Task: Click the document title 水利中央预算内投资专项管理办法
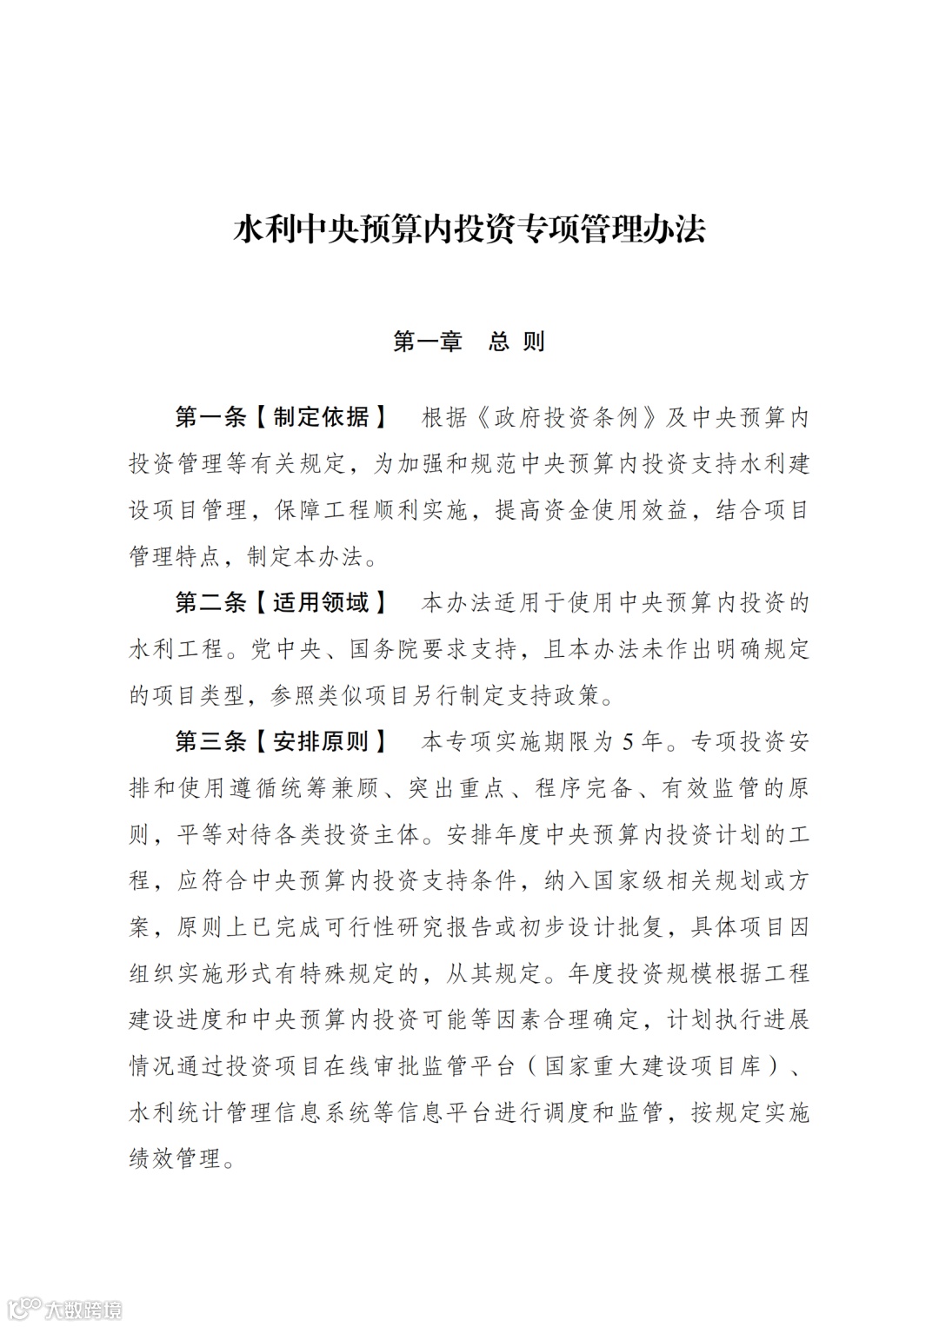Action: [469, 229]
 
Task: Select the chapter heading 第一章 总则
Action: [469, 341]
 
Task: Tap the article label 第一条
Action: [211, 417]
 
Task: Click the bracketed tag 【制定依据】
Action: [322, 417]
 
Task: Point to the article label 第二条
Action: [211, 602]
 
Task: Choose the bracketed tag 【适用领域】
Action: [322, 602]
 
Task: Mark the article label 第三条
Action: [211, 741]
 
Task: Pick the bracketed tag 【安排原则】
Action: [322, 741]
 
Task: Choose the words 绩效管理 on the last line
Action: [174, 1158]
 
